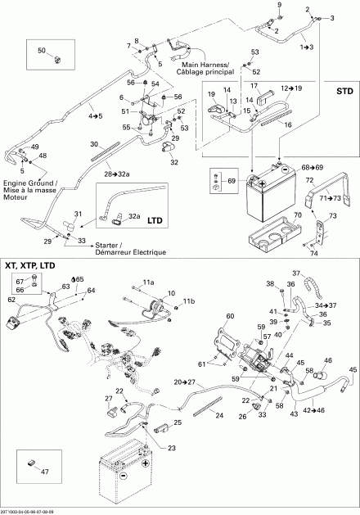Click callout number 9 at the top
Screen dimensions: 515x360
(x=279, y=7)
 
